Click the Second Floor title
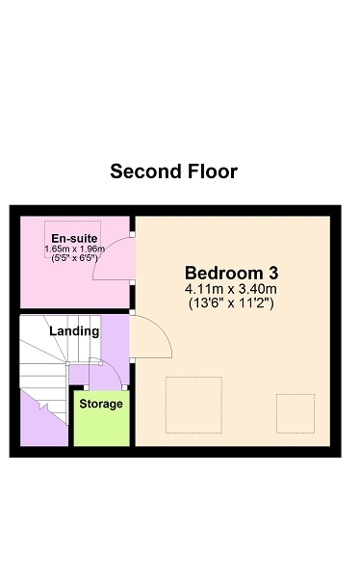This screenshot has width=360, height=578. point(173,171)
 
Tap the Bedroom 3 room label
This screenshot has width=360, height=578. point(231,274)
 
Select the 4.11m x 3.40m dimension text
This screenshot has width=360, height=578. point(231,289)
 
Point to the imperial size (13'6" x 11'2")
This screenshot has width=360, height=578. point(231,303)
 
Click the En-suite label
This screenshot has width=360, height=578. point(74,239)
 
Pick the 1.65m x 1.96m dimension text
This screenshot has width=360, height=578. point(74,249)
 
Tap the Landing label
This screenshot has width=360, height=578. point(74,331)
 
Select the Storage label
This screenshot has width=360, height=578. point(101,404)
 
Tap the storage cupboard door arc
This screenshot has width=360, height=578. point(115,369)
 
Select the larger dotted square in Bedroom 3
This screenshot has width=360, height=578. point(193,405)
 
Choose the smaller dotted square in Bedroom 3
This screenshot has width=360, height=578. point(296,413)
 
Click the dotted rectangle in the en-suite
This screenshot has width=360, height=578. point(72,222)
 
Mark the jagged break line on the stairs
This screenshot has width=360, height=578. point(44,407)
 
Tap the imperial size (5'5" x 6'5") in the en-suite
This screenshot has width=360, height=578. point(74,257)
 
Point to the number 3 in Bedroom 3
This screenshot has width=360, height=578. point(273,274)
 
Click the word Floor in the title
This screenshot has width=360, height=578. point(212,171)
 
